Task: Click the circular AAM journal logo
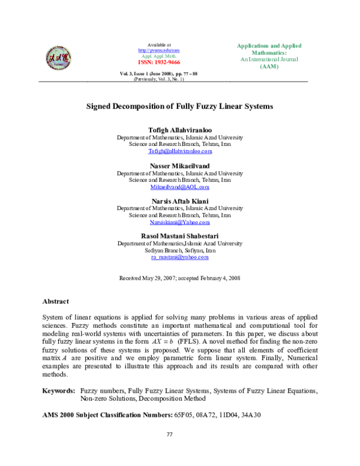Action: coord(58,58)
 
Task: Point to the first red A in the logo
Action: coord(52,58)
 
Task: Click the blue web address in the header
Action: coord(159,51)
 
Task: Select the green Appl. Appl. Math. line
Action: coord(159,56)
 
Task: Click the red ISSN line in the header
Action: coord(159,62)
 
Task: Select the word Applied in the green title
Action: coord(291,46)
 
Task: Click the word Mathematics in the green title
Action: coord(267,53)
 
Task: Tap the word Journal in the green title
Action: coord(289,59)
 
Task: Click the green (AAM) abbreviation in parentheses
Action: coord(269,66)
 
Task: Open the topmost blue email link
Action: coord(180,151)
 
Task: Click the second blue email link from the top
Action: coord(180,187)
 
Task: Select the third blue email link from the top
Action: coord(180,223)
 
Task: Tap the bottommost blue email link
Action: coord(180,258)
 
